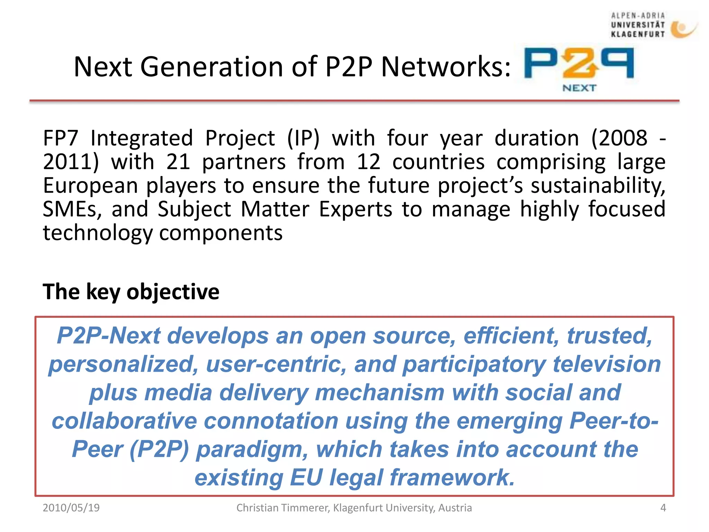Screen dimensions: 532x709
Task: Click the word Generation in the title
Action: pyautogui.click(x=211, y=66)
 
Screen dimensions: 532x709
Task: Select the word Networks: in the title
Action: pyautogui.click(x=446, y=66)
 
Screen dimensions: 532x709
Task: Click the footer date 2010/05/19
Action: pyautogui.click(x=71, y=508)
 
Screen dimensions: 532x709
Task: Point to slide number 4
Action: pyautogui.click(x=663, y=508)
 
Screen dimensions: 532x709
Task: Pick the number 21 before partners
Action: pyautogui.click(x=178, y=162)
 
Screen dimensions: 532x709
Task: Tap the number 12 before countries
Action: pyautogui.click(x=368, y=162)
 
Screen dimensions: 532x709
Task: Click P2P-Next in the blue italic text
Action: pyautogui.click(x=109, y=336)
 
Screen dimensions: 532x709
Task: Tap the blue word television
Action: pyautogui.click(x=607, y=364)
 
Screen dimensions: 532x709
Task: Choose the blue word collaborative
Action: pyautogui.click(x=124, y=421)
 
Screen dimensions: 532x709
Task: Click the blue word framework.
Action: pyautogui.click(x=452, y=478)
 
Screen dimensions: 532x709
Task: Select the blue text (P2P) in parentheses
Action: pyautogui.click(x=159, y=449)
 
